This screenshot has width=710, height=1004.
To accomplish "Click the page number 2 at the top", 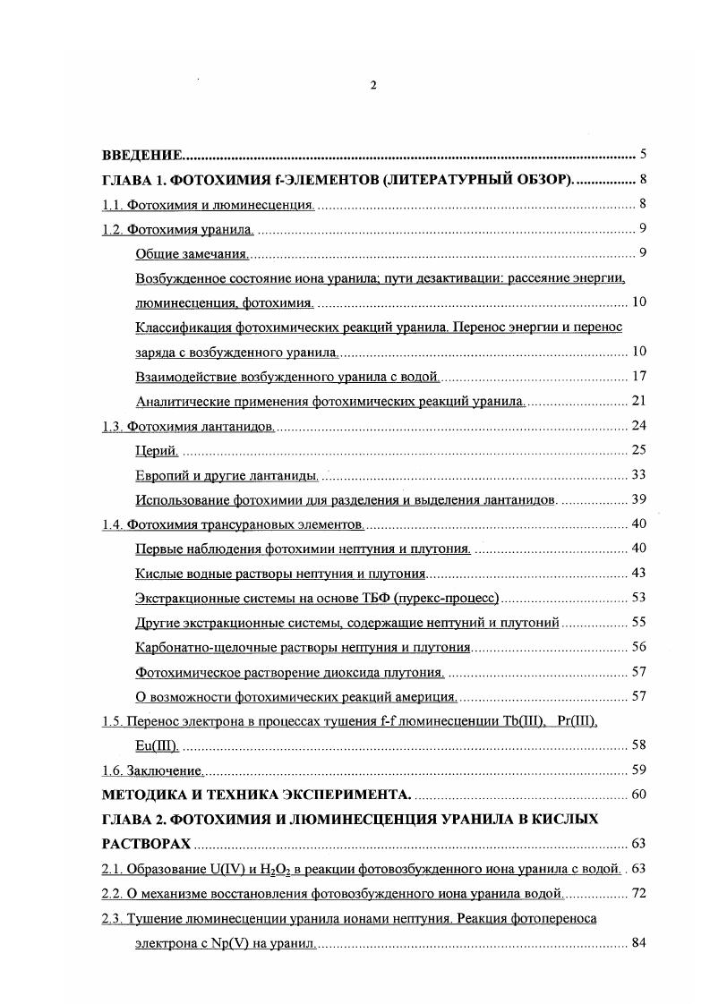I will coord(372,85).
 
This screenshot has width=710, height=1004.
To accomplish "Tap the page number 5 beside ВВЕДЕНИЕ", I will coord(643,154).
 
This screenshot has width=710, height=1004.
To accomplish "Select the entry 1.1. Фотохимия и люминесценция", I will coord(208,205).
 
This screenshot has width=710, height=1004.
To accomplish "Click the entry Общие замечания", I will coord(192,253).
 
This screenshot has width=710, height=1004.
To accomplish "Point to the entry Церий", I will coord(158,449).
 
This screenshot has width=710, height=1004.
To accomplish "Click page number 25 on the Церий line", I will coord(638,449).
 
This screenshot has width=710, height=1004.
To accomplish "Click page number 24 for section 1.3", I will coord(638,425).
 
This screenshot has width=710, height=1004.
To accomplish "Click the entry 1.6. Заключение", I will coord(153,769).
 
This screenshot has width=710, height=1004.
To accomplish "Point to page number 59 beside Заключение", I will coord(638,769).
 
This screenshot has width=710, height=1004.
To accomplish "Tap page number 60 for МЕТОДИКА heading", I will coord(638,794).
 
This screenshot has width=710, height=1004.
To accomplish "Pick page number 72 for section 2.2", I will coord(638,893).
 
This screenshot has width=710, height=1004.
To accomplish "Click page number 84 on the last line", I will coord(638,943).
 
